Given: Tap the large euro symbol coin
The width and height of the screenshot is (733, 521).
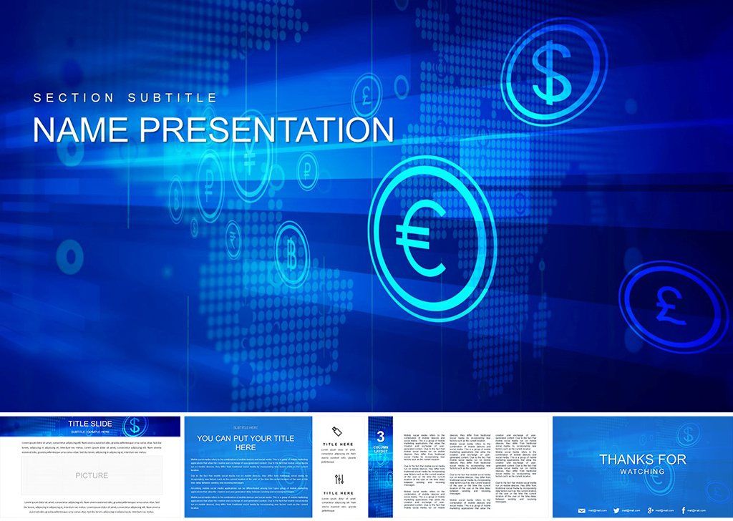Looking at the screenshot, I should pos(432,237).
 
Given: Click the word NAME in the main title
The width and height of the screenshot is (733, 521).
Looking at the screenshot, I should pos(81,130).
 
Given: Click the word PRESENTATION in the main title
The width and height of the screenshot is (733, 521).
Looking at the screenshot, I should pos(267,130).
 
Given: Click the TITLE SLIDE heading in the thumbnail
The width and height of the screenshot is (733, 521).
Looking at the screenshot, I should pos(89,424).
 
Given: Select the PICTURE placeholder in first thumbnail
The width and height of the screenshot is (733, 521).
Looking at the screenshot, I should pos(92,475).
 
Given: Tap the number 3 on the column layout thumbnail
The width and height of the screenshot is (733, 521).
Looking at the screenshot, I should pos(381,436).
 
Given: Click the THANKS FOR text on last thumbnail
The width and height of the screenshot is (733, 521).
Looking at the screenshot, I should pos(642,459).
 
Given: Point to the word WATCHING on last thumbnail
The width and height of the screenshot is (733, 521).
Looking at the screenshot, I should pos(642,471).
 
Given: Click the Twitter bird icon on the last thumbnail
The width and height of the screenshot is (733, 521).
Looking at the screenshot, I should pos(616,510).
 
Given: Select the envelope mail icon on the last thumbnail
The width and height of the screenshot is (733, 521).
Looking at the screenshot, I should pos(582,510).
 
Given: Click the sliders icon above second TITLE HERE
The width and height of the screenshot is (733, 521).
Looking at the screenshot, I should pos(339,479).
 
